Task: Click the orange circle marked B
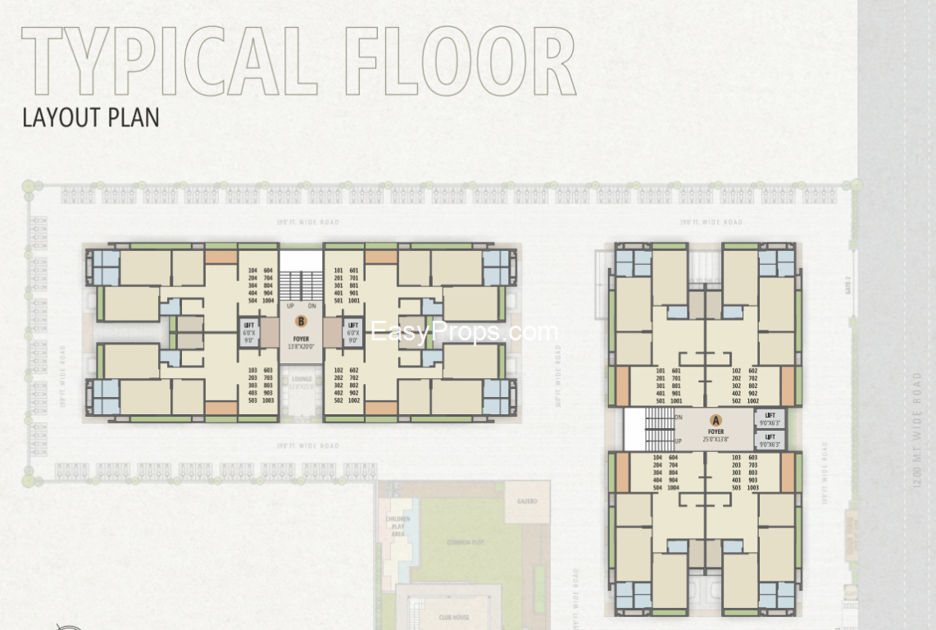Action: (301, 322)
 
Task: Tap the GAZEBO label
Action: (526, 500)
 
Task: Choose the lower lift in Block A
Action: (770, 441)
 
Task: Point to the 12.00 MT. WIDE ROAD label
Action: (917, 431)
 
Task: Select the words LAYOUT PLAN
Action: (91, 117)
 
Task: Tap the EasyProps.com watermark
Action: (464, 332)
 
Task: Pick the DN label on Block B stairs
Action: (312, 306)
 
